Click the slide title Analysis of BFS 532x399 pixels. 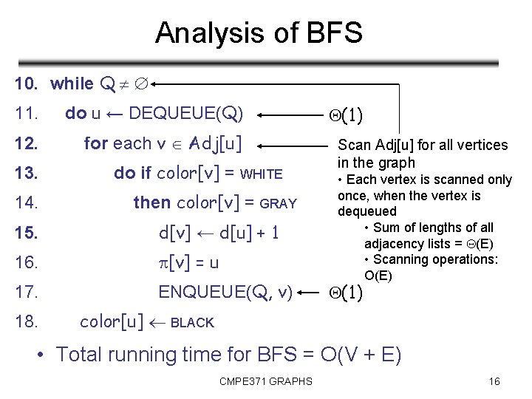click(x=259, y=33)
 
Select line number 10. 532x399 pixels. click(x=26, y=84)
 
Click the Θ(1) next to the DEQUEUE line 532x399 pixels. click(x=345, y=115)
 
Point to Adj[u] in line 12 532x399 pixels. click(x=216, y=143)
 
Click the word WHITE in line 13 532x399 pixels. click(x=262, y=174)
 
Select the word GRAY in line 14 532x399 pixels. click(x=278, y=203)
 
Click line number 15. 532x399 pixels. click(x=25, y=233)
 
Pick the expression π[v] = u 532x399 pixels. click(x=189, y=262)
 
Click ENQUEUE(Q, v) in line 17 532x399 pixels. click(x=225, y=292)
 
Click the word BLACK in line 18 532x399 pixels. click(x=192, y=323)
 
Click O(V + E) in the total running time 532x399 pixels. click(x=361, y=355)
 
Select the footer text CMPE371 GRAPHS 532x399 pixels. click(x=265, y=381)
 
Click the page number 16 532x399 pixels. click(x=494, y=381)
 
